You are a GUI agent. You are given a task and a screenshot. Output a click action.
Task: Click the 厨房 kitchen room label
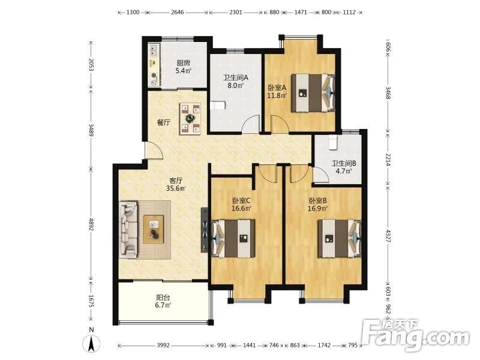pos(184,67)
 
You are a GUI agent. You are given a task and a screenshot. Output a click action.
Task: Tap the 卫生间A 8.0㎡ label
pos(235,82)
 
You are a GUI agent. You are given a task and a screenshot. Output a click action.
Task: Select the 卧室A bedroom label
pos(277,91)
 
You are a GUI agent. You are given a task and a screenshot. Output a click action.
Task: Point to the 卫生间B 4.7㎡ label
pos(344,167)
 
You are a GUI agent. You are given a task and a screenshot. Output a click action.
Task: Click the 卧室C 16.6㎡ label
pos(242,205)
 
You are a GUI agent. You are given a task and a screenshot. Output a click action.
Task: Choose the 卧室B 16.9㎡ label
pos(318,205)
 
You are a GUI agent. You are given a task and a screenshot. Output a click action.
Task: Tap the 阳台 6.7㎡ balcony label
pos(163,301)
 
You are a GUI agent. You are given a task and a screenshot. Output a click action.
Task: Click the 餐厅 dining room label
pos(164,123)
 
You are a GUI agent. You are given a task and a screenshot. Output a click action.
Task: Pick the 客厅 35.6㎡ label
pos(176,184)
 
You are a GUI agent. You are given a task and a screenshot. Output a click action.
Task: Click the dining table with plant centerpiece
pos(190,118)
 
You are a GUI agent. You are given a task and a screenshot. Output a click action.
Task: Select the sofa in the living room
pos(128,229)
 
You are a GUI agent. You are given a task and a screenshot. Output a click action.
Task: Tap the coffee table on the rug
pos(153,229)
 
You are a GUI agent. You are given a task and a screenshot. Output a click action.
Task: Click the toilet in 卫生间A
pos(218,106)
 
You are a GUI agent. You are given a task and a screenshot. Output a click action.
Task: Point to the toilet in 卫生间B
pos(332,142)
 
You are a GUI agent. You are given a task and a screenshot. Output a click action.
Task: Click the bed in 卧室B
pos(339,238)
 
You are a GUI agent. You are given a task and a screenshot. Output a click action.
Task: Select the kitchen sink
pos(154,50)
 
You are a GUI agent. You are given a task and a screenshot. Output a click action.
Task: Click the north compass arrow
pos(91,344)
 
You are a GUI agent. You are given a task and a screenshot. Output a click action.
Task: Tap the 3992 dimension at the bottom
pos(163,346)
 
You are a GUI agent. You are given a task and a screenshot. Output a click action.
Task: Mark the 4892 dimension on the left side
pos(91,223)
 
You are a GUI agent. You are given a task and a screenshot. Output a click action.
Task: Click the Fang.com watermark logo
pos(416,336)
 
